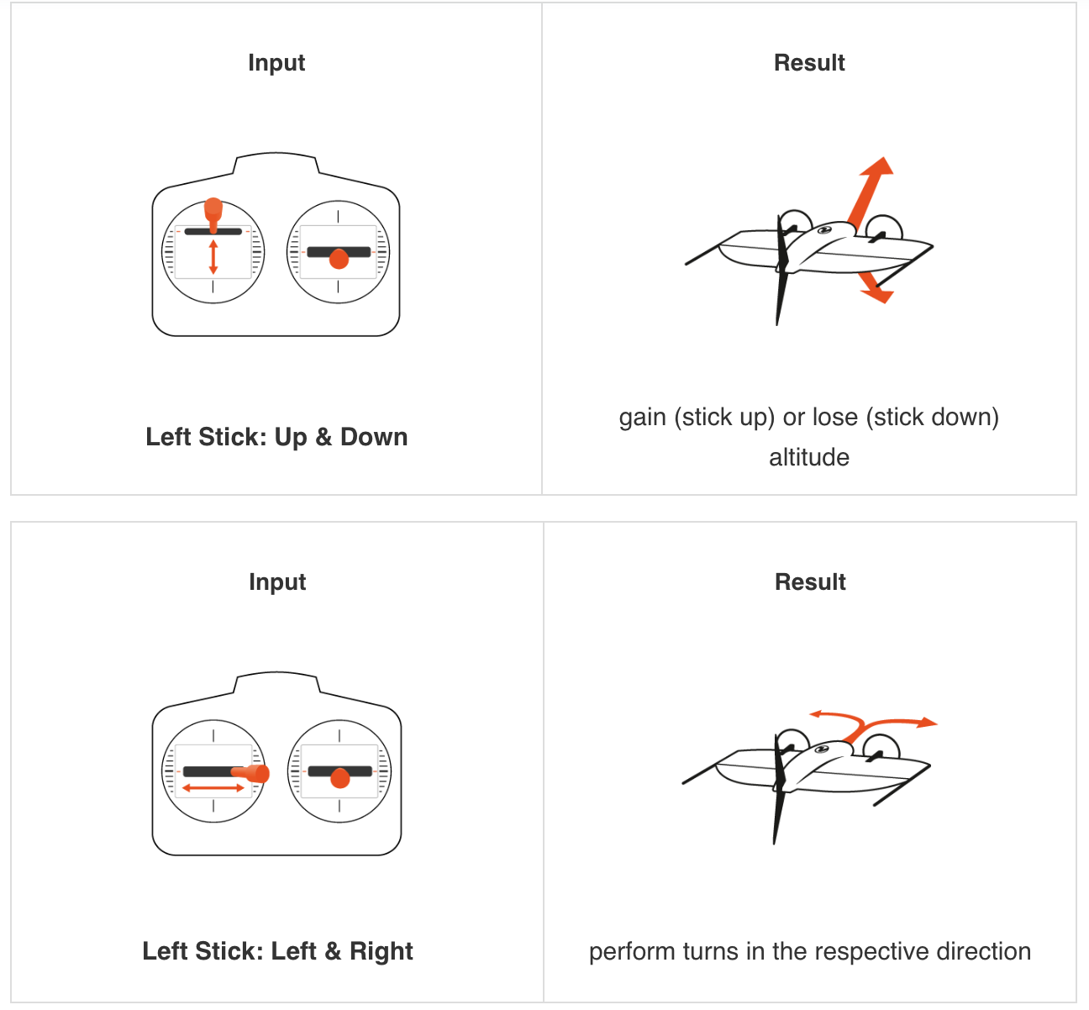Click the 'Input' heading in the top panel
pyautogui.click(x=276, y=63)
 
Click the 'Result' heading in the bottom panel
pyautogui.click(x=810, y=582)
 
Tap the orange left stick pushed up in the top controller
pyautogui.click(x=213, y=215)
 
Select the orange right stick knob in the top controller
pyautogui.click(x=339, y=259)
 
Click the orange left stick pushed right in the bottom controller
pyautogui.click(x=251, y=773)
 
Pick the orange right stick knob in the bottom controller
pyautogui.click(x=340, y=778)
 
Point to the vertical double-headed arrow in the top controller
pyautogui.click(x=213, y=257)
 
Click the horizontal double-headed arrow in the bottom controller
pyautogui.click(x=213, y=788)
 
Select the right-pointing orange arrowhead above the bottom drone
pyautogui.click(x=927, y=723)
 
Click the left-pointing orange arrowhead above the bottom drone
pyautogui.click(x=815, y=713)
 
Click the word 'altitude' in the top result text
pyautogui.click(x=809, y=457)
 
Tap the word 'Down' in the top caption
pyautogui.click(x=374, y=437)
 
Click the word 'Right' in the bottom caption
pyautogui.click(x=381, y=951)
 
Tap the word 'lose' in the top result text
pyautogui.click(x=835, y=418)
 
